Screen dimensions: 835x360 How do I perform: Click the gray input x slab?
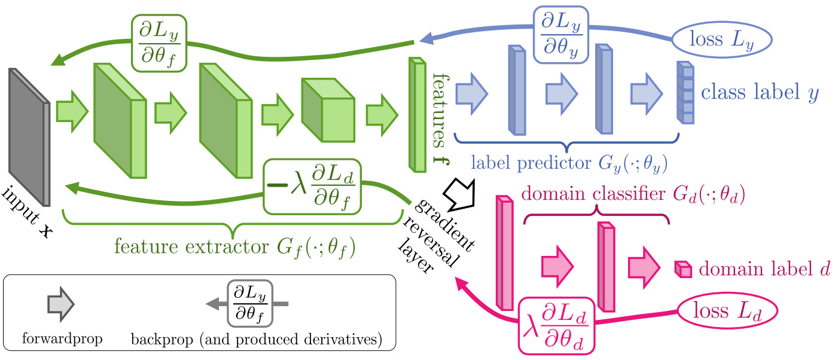(29, 137)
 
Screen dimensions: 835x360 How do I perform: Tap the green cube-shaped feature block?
(328, 110)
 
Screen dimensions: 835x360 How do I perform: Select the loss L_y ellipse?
(722, 39)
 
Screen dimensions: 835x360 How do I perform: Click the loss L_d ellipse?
(727, 311)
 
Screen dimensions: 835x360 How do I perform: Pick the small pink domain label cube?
(683, 269)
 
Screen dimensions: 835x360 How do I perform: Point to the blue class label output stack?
(685, 93)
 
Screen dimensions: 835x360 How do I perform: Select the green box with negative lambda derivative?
(312, 187)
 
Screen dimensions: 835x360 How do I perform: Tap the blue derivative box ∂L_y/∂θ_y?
(561, 34)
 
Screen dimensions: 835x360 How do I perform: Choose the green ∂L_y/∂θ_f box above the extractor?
(159, 43)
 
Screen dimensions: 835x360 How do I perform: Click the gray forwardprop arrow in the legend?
(61, 304)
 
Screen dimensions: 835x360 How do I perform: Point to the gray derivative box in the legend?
(250, 304)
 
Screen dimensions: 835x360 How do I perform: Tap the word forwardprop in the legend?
(62, 338)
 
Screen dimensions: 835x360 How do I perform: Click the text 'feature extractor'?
(191, 246)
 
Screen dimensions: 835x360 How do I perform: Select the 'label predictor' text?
(531, 163)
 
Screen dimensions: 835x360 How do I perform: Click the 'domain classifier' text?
(593, 194)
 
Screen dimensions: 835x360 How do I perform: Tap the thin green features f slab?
(417, 114)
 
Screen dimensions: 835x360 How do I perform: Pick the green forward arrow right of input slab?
(72, 111)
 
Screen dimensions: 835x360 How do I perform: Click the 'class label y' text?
(760, 92)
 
